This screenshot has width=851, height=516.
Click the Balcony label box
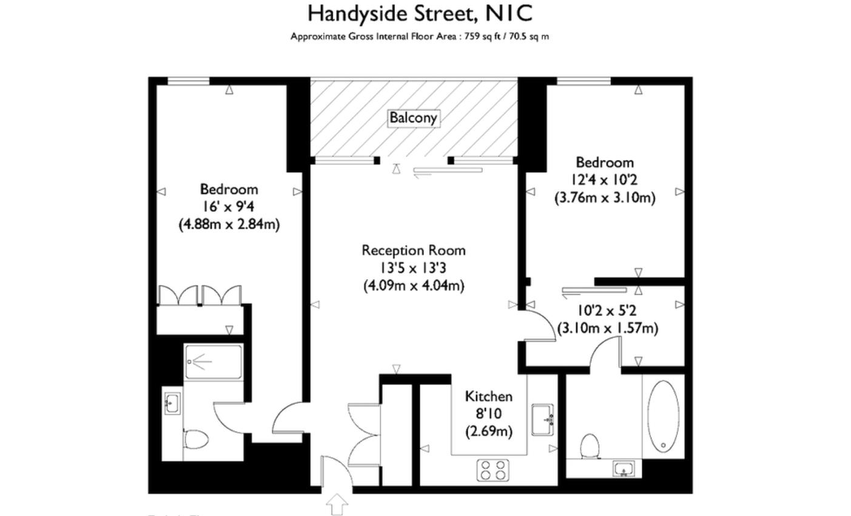pyautogui.click(x=413, y=118)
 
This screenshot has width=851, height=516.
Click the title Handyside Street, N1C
pyautogui.click(x=420, y=13)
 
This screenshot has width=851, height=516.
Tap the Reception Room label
pyautogui.click(x=414, y=250)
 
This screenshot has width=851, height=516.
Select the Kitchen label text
pyautogui.click(x=488, y=397)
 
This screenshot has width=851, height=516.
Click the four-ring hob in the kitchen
pyautogui.click(x=493, y=470)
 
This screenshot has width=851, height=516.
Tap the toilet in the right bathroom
pyautogui.click(x=590, y=446)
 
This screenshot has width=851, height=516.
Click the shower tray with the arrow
pyautogui.click(x=213, y=363)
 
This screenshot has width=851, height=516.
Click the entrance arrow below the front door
pyautogui.click(x=337, y=504)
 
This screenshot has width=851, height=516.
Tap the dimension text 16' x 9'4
pyautogui.click(x=229, y=207)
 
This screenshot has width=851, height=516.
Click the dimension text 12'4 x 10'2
pyautogui.click(x=604, y=180)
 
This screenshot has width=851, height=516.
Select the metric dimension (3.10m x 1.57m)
pyautogui.click(x=607, y=328)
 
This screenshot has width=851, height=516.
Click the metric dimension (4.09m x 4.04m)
pyautogui.click(x=414, y=285)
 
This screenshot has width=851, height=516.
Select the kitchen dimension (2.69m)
pyautogui.click(x=488, y=432)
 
